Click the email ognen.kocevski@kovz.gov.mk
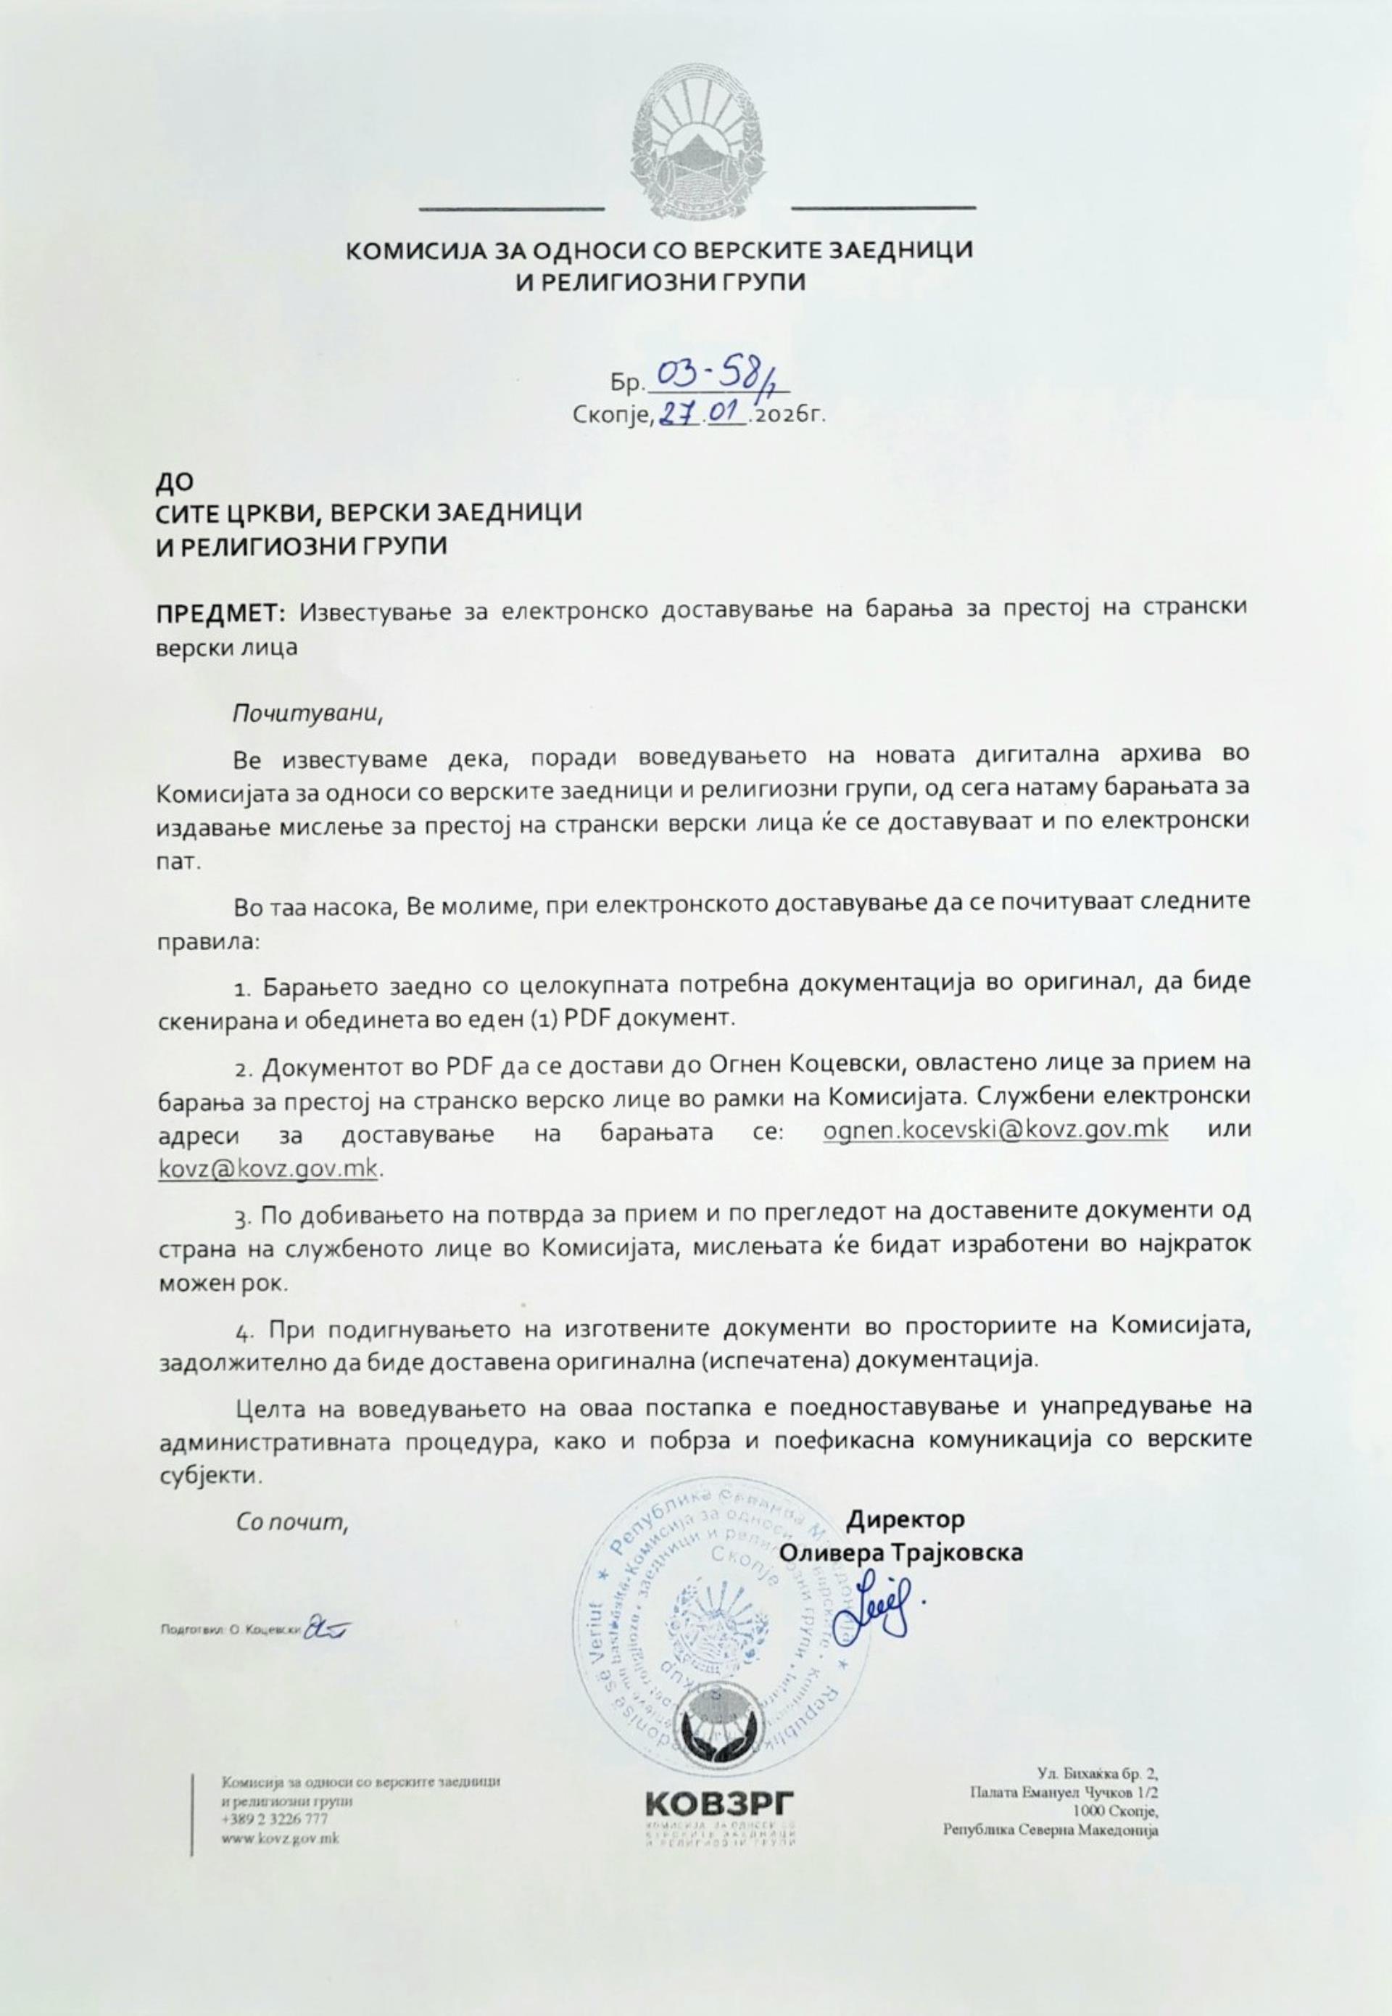pos(996,1129)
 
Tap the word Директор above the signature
pos(906,1519)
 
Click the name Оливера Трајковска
pos(901,1553)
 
